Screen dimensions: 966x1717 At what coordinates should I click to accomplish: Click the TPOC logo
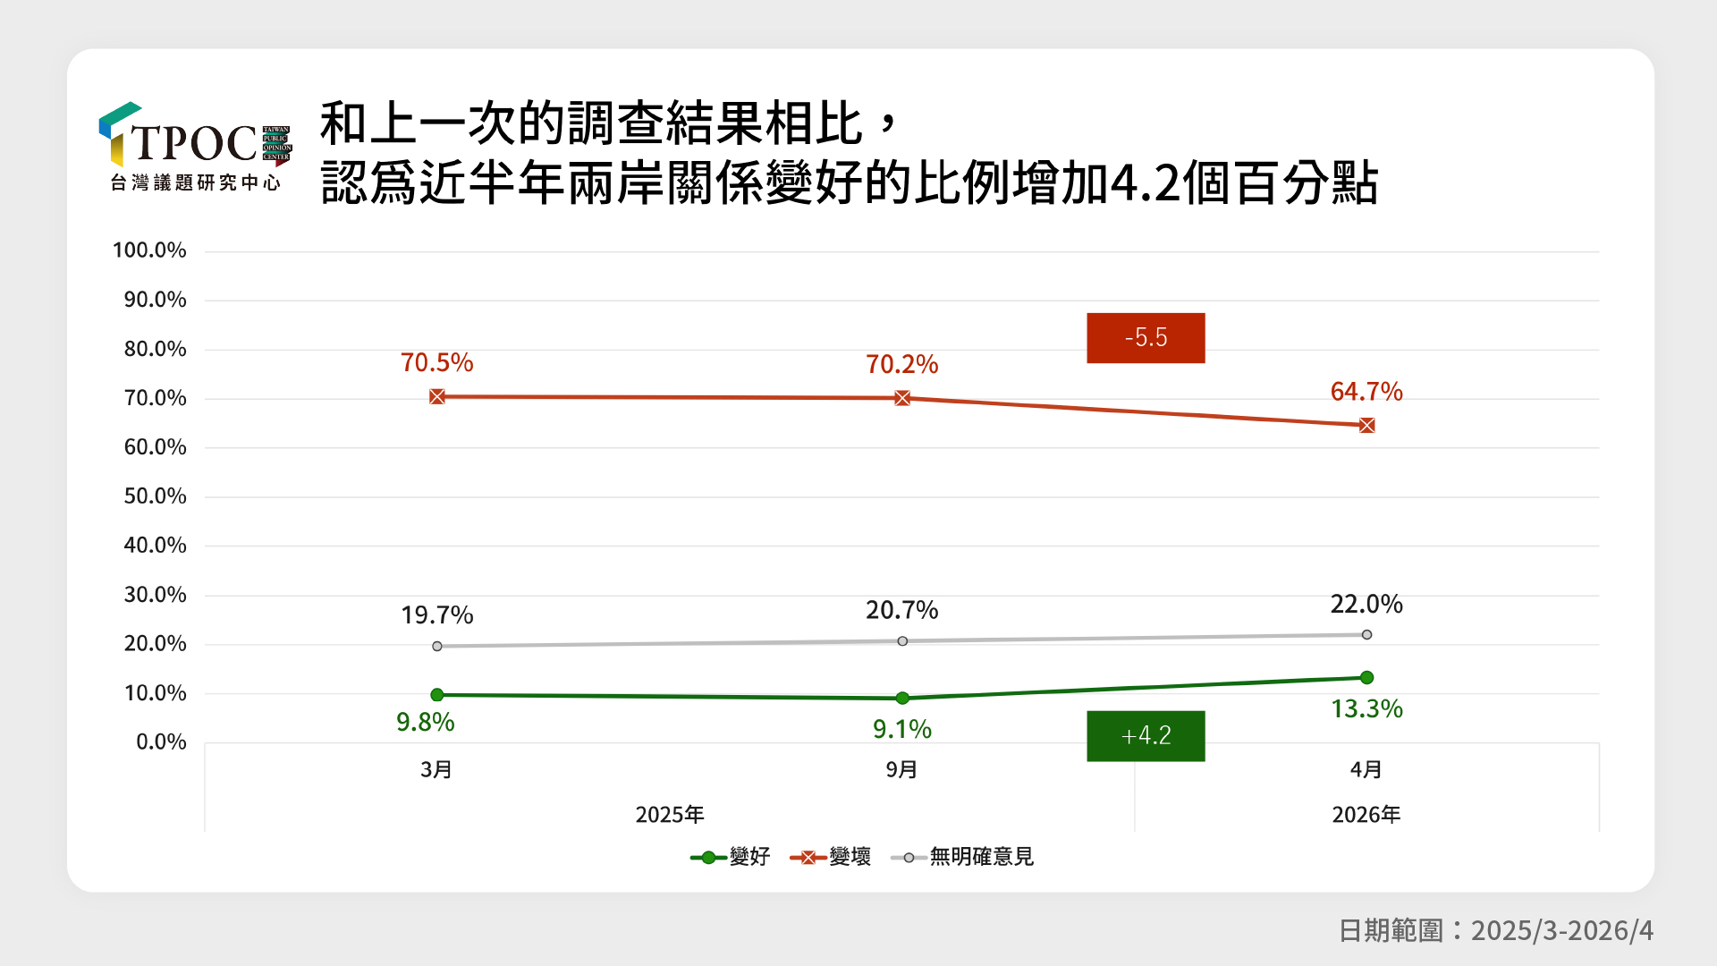coord(195,147)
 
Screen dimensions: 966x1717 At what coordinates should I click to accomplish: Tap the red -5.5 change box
coord(1146,338)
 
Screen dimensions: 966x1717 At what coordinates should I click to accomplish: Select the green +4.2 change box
coord(1146,736)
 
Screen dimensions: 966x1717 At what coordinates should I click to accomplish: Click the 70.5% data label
coord(436,363)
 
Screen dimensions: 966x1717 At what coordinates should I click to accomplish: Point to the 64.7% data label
coord(1366,392)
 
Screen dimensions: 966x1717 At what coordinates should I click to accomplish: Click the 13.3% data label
coord(1366,709)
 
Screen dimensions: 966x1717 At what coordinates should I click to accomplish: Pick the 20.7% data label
coord(901,611)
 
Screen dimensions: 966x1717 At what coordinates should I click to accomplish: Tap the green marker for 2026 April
coord(1366,678)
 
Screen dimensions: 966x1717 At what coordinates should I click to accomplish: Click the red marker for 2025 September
coord(902,398)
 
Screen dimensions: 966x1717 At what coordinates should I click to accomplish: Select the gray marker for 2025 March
coord(437,646)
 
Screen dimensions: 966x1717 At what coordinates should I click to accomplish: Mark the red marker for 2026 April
coord(1366,426)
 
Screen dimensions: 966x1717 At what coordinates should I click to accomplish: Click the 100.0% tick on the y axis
coord(149,250)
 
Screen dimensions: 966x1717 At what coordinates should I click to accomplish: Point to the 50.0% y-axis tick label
coord(155,496)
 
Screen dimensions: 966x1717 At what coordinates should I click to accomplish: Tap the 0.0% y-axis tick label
coord(161,742)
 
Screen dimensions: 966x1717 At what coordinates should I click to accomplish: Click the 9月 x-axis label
coord(901,770)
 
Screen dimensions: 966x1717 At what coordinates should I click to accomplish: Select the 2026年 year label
coord(1366,815)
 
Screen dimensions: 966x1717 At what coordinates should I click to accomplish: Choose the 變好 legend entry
coord(731,857)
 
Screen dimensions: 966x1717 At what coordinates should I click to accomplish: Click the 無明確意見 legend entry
coord(963,857)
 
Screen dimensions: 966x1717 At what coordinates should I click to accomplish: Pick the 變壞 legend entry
coord(831,857)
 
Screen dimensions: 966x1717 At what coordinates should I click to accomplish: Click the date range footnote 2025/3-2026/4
coord(1495,931)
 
